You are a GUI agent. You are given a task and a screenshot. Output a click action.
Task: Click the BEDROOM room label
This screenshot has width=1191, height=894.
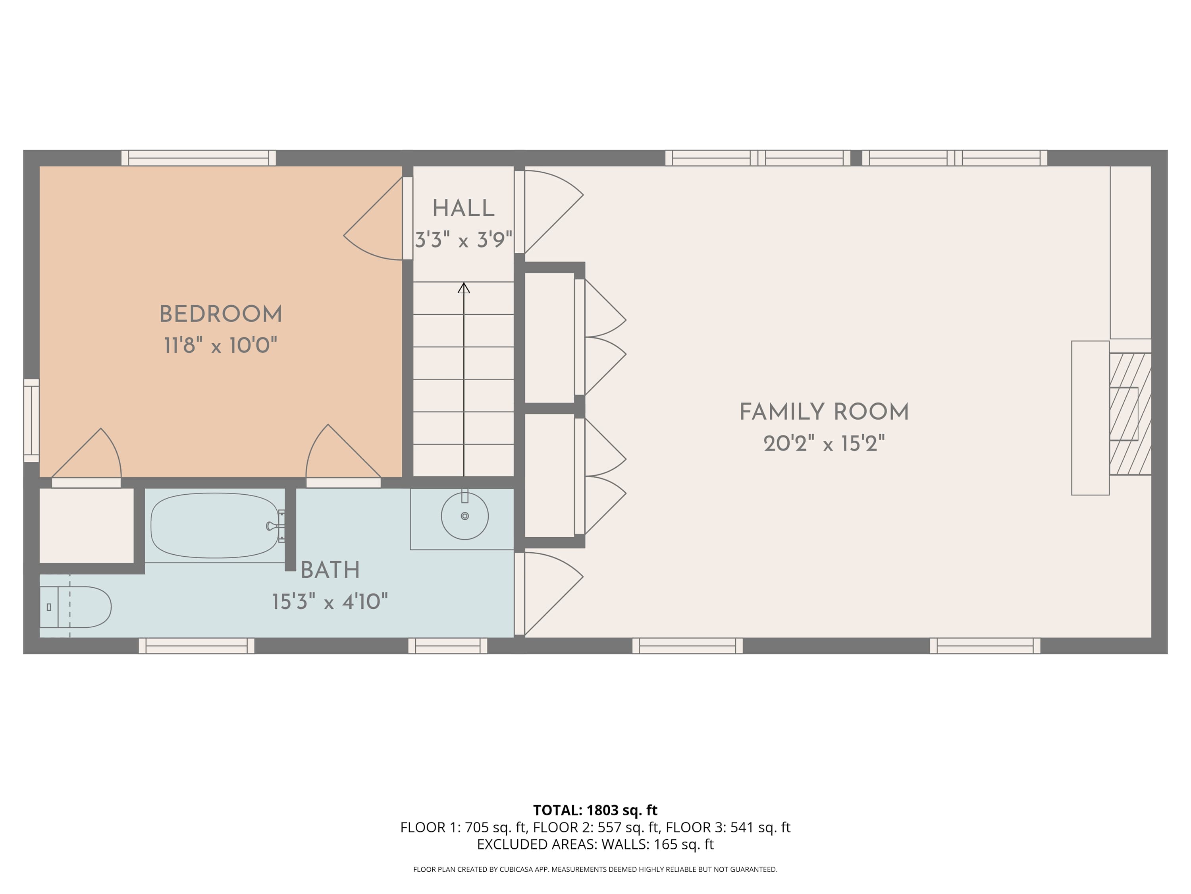[221, 314]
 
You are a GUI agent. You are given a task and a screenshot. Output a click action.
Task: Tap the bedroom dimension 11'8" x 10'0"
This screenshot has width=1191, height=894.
[221, 345]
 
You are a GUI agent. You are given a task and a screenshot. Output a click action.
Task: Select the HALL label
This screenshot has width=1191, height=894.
[464, 209]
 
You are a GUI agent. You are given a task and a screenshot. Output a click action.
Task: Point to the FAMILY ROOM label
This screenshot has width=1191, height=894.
[824, 412]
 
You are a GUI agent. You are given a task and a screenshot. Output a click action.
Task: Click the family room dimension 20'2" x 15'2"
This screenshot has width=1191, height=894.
[824, 444]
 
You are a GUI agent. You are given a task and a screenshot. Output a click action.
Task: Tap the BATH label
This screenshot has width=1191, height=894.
[330, 570]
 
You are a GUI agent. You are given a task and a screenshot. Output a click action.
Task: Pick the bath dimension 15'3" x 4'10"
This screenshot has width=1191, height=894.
[330, 602]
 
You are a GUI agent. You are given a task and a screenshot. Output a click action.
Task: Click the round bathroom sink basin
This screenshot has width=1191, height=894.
[464, 516]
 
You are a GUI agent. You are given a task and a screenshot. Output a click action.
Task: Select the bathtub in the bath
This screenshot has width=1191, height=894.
[215, 525]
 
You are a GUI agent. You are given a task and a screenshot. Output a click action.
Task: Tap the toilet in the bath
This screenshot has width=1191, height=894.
[75, 607]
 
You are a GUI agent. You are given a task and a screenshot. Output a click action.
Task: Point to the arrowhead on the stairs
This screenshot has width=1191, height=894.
[464, 288]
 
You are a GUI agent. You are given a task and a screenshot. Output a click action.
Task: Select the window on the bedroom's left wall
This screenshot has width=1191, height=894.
[31, 420]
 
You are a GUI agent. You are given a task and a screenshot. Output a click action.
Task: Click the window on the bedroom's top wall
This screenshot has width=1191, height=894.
[198, 158]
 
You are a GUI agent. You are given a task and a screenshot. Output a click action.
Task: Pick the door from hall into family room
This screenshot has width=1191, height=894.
[549, 212]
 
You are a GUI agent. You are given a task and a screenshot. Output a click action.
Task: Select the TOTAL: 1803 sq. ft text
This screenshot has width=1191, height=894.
[595, 810]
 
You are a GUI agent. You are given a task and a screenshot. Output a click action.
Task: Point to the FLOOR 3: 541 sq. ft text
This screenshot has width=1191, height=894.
[728, 827]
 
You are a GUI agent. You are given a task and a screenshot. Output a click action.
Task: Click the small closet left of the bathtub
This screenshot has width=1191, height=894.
[87, 525]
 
